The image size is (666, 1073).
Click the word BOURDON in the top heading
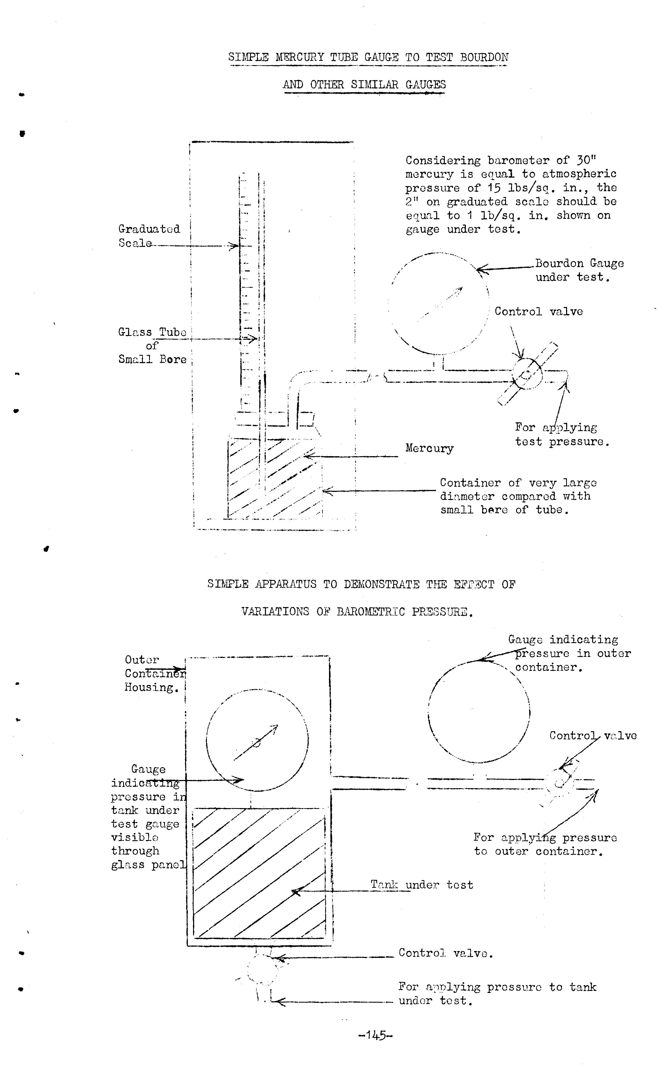click(x=484, y=57)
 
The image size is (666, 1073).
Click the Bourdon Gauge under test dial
click(x=438, y=304)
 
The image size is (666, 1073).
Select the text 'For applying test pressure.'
click(x=562, y=434)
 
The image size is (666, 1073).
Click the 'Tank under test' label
click(x=422, y=885)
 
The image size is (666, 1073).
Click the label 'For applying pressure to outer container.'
click(x=545, y=844)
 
